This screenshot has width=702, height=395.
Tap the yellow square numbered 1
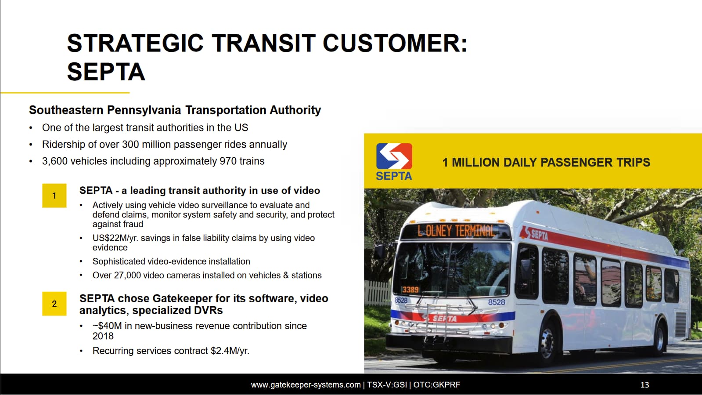54,196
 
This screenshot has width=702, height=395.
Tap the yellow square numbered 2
54,304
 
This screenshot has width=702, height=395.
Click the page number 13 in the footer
644,384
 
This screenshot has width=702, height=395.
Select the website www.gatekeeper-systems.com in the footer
306,384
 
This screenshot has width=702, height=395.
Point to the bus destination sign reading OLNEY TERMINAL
456,231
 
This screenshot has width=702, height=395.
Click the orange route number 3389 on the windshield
410,289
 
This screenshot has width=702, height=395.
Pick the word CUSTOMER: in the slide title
395,43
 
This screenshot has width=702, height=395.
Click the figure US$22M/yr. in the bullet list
115,238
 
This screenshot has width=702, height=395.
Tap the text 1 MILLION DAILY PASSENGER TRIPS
546,163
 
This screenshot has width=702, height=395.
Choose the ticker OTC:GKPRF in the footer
437,384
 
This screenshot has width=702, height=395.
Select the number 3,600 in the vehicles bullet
55,161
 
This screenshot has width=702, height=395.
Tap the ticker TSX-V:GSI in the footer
387,384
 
